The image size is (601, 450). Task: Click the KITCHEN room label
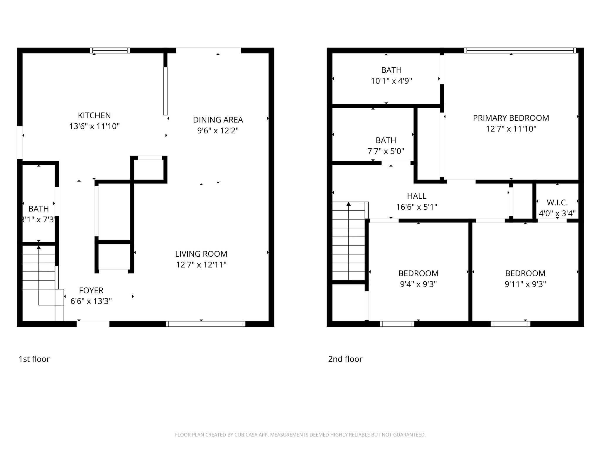tap(94, 115)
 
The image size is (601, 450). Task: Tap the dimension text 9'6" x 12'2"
tap(218, 131)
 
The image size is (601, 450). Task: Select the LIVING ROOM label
tap(201, 254)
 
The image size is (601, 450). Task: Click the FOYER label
tap(91, 290)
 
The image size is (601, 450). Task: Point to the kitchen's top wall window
tap(110, 50)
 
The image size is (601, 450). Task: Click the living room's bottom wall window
tap(205, 324)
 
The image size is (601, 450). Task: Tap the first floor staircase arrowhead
tap(39, 248)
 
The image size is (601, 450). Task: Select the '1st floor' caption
tap(34, 359)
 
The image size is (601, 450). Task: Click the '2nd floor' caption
tap(345, 359)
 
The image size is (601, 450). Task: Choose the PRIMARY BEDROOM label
tap(511, 118)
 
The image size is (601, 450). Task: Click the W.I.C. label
tap(557, 202)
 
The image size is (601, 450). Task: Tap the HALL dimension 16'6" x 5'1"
tap(416, 207)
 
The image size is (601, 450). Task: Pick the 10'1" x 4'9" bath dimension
tap(391, 81)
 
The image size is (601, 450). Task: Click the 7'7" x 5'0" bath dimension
tap(386, 151)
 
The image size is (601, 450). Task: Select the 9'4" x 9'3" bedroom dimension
tap(418, 284)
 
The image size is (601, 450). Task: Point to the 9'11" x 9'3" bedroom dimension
tap(525, 284)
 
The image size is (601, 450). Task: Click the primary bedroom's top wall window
tap(520, 50)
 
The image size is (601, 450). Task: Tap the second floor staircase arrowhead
tap(349, 204)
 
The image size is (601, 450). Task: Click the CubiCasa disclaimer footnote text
tap(300, 435)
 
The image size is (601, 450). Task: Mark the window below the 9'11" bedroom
tap(510, 324)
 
